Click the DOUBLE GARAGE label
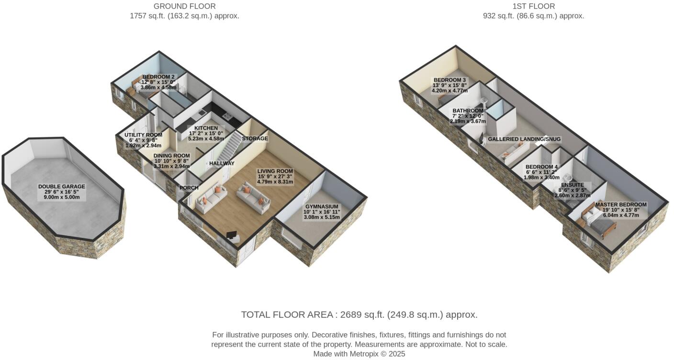tap(62, 187)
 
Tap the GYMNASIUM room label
tap(322, 207)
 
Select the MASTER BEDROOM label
tap(620, 205)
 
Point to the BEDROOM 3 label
tap(449, 80)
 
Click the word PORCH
tap(189, 188)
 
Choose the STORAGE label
tap(255, 139)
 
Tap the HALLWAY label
tap(222, 164)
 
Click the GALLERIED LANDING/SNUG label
tap(524, 139)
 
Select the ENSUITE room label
tap(573, 185)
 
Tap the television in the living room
tap(232, 236)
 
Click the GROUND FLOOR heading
tap(184, 6)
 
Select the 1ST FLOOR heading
tap(533, 6)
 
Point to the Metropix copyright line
tap(359, 354)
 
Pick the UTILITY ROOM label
tap(143, 135)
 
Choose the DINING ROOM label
tap(171, 156)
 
